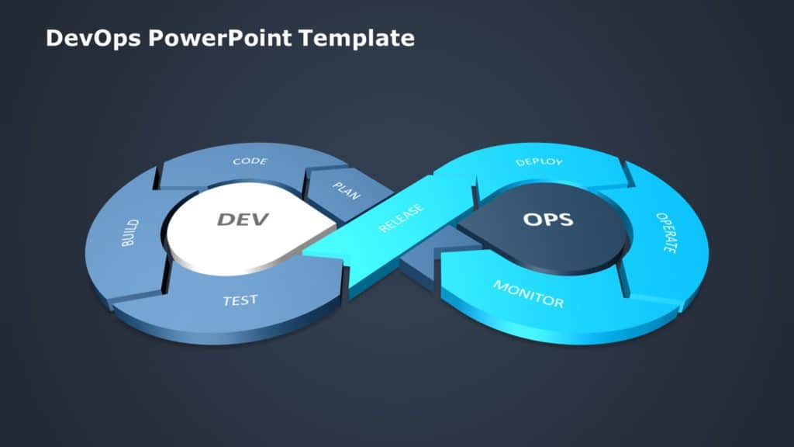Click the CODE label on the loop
(250, 161)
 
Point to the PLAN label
(346, 191)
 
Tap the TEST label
(240, 300)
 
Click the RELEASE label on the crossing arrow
(401, 218)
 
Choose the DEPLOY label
(539, 162)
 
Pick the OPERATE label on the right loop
(666, 233)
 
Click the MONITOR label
(528, 293)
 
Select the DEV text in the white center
(242, 220)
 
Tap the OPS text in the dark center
(548, 220)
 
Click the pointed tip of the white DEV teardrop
(335, 226)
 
